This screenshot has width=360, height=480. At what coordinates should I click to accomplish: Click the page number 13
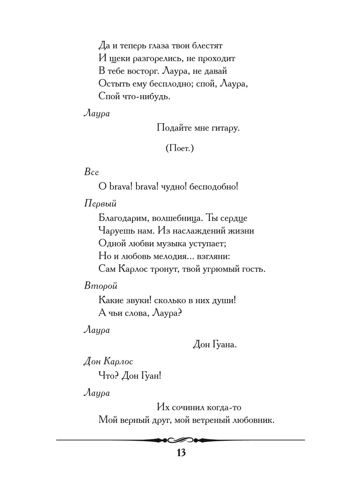pos(180,453)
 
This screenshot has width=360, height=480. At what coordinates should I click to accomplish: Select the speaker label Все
pos(92,172)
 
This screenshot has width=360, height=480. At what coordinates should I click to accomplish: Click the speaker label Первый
pos(100,203)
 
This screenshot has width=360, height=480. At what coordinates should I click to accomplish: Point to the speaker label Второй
pos(100,286)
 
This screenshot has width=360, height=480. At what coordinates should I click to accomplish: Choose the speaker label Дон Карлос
pos(108,361)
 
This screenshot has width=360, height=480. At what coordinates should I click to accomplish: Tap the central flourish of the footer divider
pos(180,440)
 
